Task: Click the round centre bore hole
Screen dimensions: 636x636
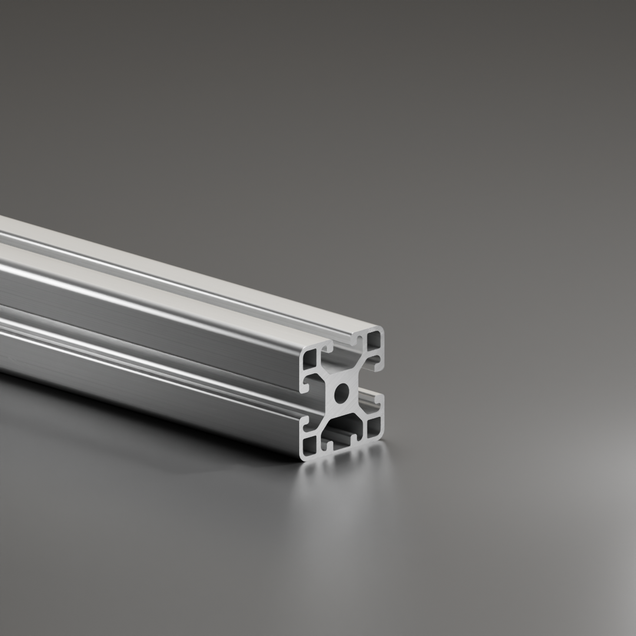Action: pos(341,393)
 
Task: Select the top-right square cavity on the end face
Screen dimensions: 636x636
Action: pos(373,340)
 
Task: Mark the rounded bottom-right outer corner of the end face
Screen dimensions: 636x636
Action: pos(382,436)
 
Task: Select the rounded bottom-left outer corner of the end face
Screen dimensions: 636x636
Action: pos(303,456)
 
